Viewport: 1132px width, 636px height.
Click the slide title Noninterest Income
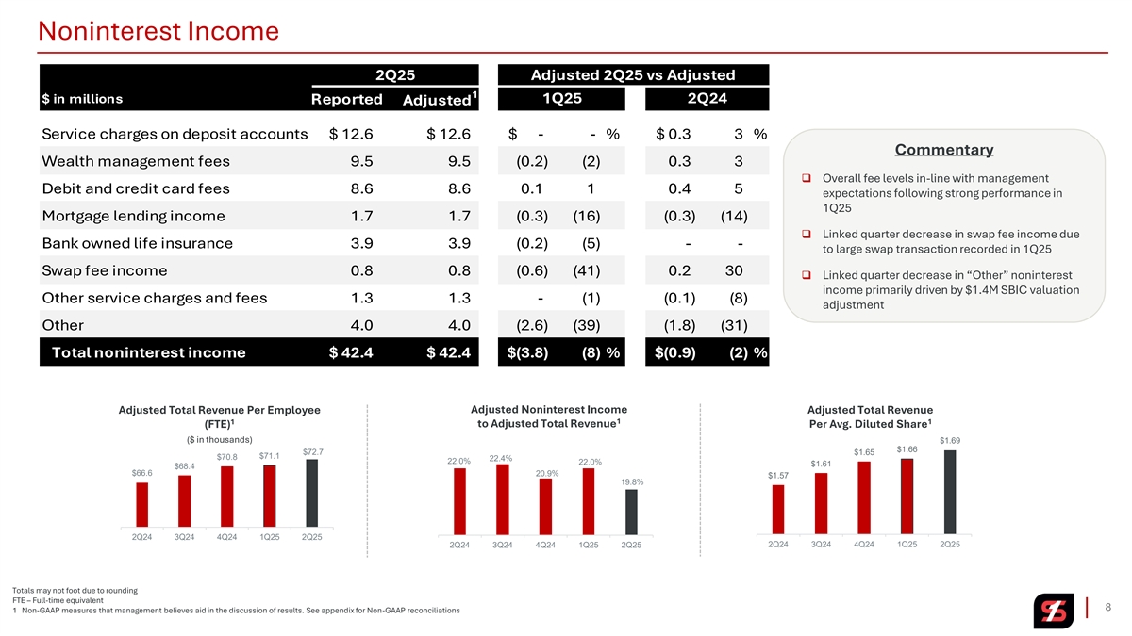(158, 32)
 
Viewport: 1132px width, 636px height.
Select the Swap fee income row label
(105, 271)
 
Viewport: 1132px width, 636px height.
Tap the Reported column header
(346, 99)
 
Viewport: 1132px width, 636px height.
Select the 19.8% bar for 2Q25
(631, 511)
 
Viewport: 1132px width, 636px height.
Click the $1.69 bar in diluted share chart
(950, 491)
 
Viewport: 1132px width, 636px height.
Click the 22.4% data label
(501, 458)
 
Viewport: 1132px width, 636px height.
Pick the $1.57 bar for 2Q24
(777, 508)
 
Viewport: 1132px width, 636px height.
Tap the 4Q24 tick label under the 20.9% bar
(544, 545)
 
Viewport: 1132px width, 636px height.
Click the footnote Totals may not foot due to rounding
(75, 590)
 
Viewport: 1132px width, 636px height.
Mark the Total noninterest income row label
(148, 352)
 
